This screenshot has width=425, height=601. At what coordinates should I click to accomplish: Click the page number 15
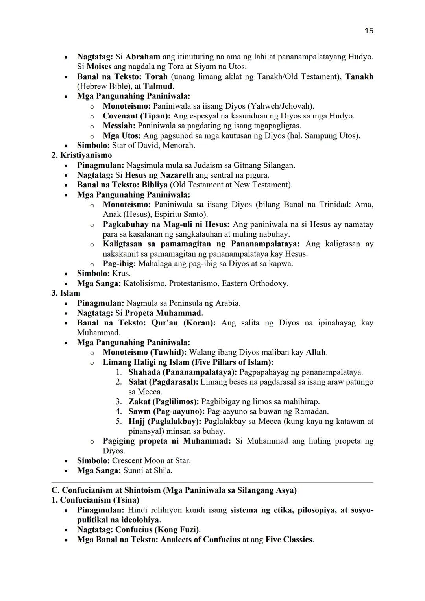click(369, 31)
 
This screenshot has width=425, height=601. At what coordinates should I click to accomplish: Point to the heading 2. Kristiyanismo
click(81, 155)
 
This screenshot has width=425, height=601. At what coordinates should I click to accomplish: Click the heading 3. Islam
click(66, 293)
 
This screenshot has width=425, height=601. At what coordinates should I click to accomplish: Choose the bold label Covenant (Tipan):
click(137, 116)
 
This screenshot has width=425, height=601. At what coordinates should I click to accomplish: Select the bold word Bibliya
click(152, 185)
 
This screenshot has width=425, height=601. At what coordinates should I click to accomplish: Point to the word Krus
click(121, 273)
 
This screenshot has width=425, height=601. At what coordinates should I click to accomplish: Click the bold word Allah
click(316, 352)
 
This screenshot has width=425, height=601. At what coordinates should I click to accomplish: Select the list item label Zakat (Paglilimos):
click(164, 401)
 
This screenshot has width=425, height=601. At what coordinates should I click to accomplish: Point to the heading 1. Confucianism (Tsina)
click(95, 500)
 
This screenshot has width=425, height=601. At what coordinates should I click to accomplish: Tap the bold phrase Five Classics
click(289, 540)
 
